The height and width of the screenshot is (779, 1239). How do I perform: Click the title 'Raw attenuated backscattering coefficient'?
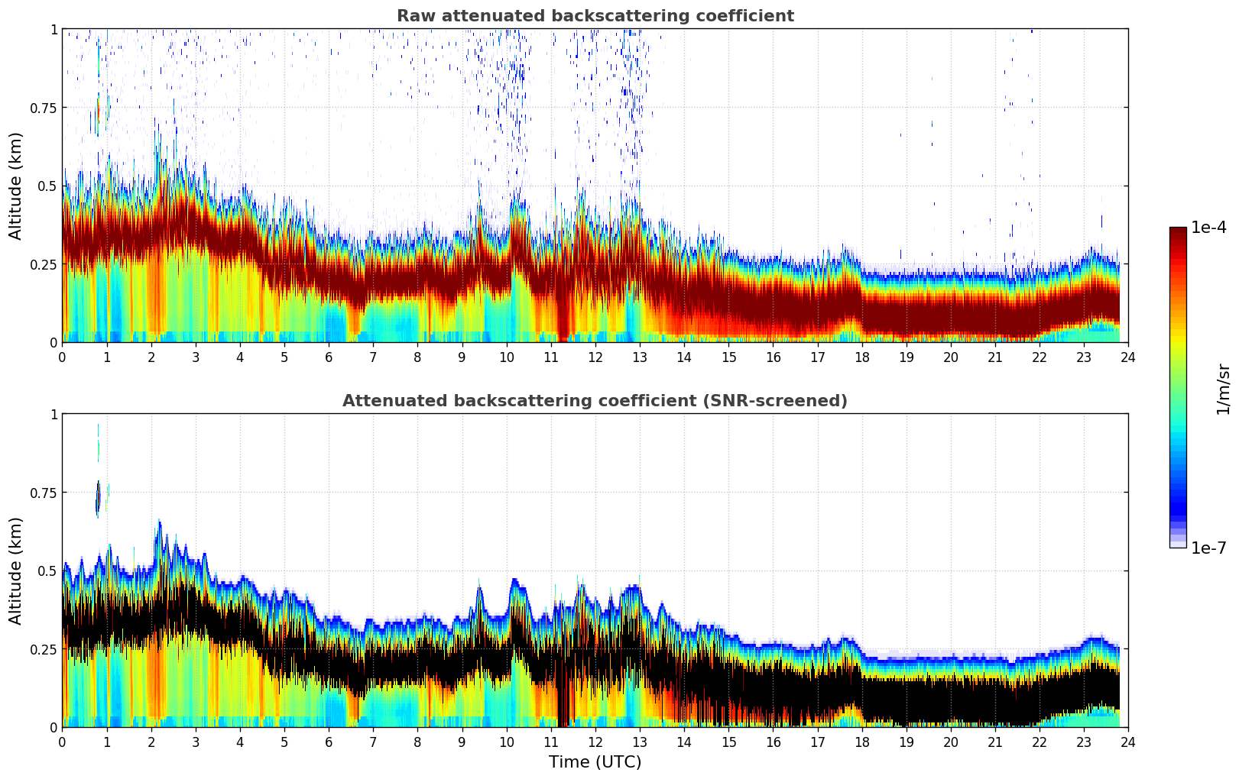click(x=595, y=16)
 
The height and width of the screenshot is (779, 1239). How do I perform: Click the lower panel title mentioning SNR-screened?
click(x=595, y=401)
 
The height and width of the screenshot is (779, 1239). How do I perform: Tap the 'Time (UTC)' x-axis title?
click(x=595, y=762)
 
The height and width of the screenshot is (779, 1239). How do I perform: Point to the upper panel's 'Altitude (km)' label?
click(x=16, y=186)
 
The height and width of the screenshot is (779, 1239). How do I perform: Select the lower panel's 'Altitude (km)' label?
click(x=16, y=571)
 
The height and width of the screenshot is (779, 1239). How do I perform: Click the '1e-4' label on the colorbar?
click(x=1208, y=228)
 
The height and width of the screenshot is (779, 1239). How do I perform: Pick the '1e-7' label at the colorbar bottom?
click(x=1208, y=548)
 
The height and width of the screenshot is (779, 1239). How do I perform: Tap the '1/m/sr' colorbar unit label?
click(x=1223, y=389)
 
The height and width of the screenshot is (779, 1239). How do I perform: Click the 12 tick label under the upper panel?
click(x=595, y=357)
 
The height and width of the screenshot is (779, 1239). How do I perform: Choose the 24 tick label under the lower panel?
click(x=1128, y=742)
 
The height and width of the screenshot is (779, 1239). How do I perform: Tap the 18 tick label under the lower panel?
click(x=861, y=742)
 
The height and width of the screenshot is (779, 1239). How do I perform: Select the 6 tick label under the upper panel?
click(x=329, y=357)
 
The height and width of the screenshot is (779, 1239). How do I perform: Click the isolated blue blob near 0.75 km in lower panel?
click(x=98, y=499)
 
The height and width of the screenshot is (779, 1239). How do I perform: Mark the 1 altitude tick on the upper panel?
click(x=54, y=29)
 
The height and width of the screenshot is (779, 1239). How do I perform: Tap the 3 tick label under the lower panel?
click(x=196, y=742)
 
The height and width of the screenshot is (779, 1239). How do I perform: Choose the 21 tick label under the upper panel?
click(x=995, y=357)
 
